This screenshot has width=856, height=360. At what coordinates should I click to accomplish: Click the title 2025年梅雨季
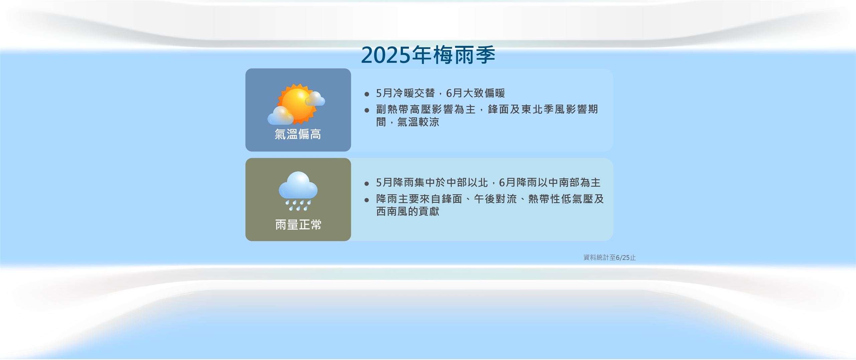[428, 55]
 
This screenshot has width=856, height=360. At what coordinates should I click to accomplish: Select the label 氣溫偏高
[298, 134]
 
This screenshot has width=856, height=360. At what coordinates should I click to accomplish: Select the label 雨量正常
[298, 225]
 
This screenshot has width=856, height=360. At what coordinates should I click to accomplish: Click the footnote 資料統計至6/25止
[609, 257]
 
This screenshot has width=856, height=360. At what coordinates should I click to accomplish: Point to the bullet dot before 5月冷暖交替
[367, 94]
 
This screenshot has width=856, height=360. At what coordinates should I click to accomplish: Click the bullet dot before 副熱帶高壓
[367, 110]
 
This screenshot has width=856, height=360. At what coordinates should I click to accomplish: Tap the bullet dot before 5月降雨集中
[367, 184]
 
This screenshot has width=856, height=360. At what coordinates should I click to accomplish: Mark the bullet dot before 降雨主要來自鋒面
[367, 200]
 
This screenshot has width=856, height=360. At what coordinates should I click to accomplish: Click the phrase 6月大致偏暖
[475, 93]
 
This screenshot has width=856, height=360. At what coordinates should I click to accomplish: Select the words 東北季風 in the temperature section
[543, 109]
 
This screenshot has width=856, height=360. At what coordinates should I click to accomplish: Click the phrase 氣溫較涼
[418, 122]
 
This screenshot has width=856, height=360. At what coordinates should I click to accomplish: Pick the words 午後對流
[495, 199]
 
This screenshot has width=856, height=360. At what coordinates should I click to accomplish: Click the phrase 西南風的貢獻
[407, 212]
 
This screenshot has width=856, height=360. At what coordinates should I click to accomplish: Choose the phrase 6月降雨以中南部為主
[549, 183]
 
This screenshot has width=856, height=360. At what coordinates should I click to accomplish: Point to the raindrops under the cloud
[298, 205]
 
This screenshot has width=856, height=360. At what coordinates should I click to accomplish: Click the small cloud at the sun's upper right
[315, 99]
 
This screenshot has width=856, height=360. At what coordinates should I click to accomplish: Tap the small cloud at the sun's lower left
[280, 116]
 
